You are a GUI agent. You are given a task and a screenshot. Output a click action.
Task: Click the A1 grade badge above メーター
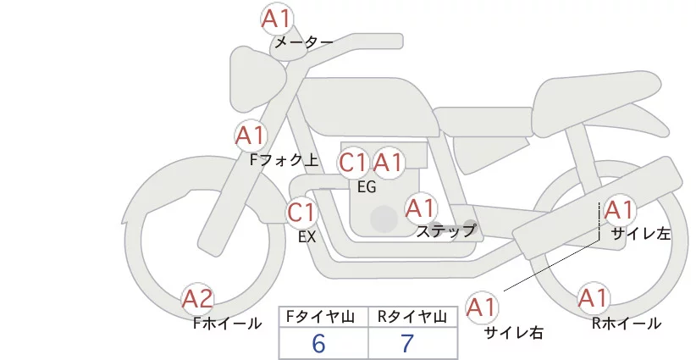[x=276, y=18]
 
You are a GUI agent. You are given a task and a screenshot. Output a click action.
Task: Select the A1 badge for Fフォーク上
[x=251, y=135]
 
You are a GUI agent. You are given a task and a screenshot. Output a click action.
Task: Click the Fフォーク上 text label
[x=284, y=158]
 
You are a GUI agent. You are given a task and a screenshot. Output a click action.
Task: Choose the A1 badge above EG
[x=389, y=163]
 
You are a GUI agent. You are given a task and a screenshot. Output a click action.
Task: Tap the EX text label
[x=307, y=237]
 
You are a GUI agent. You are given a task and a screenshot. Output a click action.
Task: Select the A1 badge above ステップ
[x=420, y=208]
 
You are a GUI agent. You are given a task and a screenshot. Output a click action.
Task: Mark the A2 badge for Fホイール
[x=198, y=298]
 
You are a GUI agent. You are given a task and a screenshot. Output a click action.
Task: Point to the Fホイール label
[x=227, y=323]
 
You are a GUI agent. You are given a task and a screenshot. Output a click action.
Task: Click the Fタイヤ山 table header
[x=324, y=316]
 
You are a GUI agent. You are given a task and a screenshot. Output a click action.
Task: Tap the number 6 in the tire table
[x=318, y=343]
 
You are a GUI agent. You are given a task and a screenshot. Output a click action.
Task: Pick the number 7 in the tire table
[x=407, y=343]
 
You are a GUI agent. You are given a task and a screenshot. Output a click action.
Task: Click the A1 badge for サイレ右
[x=483, y=307]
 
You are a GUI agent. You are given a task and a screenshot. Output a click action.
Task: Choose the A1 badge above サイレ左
[x=617, y=210]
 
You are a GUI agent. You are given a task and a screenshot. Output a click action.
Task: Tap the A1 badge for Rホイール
[x=593, y=298]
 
